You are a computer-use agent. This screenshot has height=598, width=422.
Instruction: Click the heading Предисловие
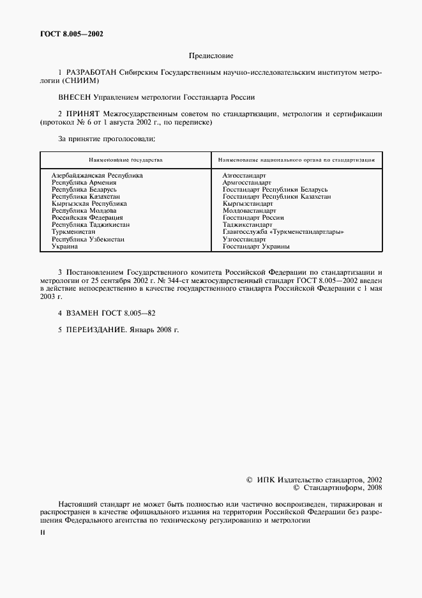210,56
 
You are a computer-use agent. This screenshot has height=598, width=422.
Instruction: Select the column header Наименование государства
125,159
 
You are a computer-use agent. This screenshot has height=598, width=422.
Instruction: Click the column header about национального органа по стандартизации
296,159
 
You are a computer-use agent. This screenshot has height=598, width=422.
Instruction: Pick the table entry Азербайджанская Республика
97,174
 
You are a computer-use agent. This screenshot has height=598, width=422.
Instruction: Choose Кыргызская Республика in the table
89,203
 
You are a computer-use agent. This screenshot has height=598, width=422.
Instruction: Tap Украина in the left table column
64,246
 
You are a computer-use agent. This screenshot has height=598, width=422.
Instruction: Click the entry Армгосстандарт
247,182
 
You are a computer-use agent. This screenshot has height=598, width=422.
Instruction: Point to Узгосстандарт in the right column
244,239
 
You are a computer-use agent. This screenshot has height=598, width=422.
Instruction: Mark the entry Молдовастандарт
249,210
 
